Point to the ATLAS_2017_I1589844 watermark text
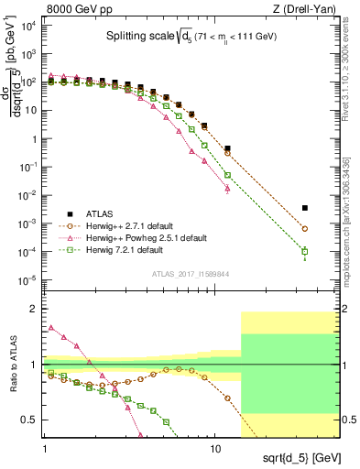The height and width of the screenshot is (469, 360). click(x=191, y=273)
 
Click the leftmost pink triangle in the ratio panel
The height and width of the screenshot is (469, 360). click(x=50, y=327)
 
